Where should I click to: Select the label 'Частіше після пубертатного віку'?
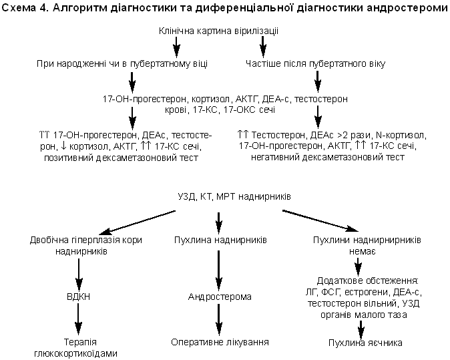tap(315, 64)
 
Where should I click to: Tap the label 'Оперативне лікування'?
tap(219, 343)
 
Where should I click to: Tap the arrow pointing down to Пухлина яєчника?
tap(361, 327)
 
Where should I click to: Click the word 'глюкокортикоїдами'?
tap(79, 353)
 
